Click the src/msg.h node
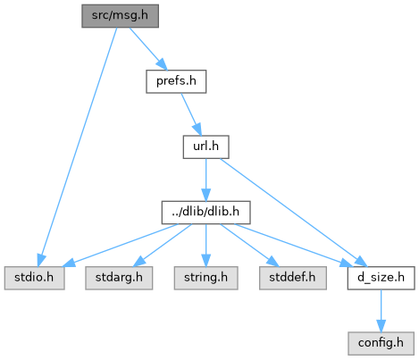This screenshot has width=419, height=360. [x=120, y=16]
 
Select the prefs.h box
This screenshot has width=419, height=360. [x=176, y=81]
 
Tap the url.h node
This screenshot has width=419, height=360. [x=205, y=147]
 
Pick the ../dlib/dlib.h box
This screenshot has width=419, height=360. [x=205, y=213]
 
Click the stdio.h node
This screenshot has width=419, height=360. [x=34, y=278]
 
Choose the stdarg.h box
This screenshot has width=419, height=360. [x=119, y=278]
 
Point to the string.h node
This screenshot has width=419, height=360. [x=205, y=278]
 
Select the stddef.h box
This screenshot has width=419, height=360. [x=293, y=278]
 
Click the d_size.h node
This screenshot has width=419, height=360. [x=381, y=278]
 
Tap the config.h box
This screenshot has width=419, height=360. [x=381, y=344]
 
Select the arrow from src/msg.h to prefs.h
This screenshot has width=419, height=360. [x=148, y=49]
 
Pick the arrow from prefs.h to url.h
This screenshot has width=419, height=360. [x=191, y=114]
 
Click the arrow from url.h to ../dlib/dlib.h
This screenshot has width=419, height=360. [x=205, y=180]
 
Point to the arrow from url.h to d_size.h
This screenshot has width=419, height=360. [x=293, y=213]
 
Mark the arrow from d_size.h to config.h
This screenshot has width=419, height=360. [x=381, y=311]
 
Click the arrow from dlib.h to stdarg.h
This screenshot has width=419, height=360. [x=163, y=245]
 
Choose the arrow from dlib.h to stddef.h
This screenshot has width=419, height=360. [x=249, y=245]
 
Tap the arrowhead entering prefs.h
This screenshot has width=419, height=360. [x=163, y=64]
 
